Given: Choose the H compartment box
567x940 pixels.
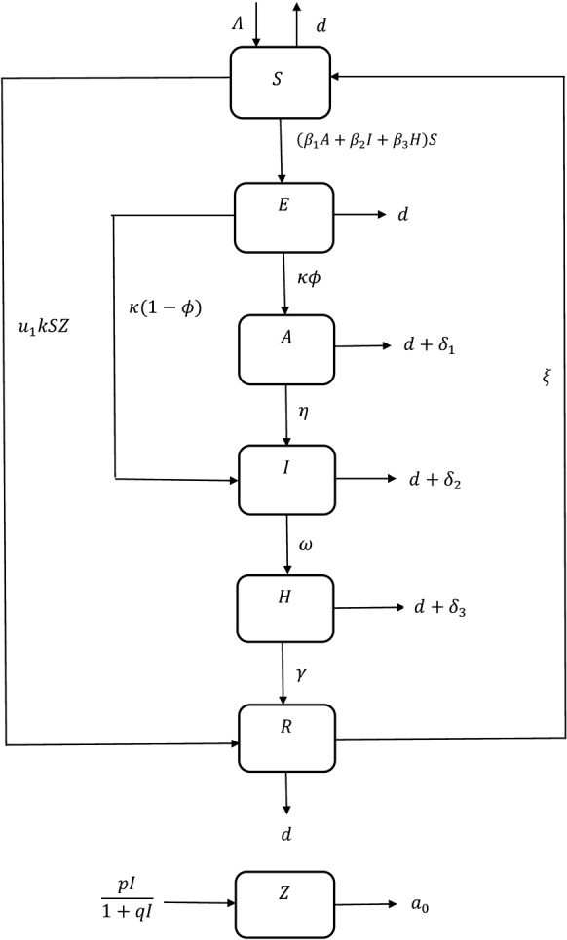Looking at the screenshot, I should coord(283,606).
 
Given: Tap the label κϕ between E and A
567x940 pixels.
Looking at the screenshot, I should coord(310,278).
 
